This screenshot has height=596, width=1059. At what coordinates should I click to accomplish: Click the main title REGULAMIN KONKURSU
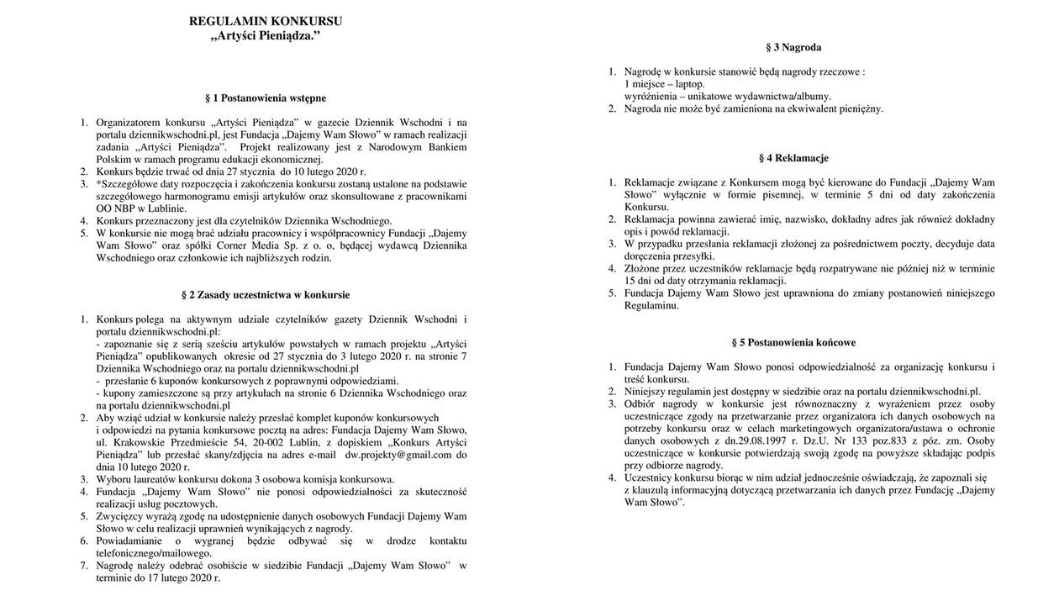265,21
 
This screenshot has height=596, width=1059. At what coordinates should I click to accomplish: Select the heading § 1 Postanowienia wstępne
265,98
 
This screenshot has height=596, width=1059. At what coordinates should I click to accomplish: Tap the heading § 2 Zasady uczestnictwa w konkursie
265,295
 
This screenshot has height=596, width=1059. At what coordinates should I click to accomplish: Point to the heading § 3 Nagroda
793,48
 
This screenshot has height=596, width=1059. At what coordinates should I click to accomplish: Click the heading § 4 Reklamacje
793,158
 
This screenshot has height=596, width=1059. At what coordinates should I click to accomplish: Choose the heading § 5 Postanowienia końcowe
793,343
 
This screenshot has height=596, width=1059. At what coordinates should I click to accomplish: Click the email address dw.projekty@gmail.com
398,455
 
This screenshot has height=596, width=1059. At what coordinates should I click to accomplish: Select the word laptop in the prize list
690,84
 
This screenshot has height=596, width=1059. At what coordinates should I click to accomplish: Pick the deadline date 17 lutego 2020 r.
176,578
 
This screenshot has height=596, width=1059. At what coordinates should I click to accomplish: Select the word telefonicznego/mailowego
154,553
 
